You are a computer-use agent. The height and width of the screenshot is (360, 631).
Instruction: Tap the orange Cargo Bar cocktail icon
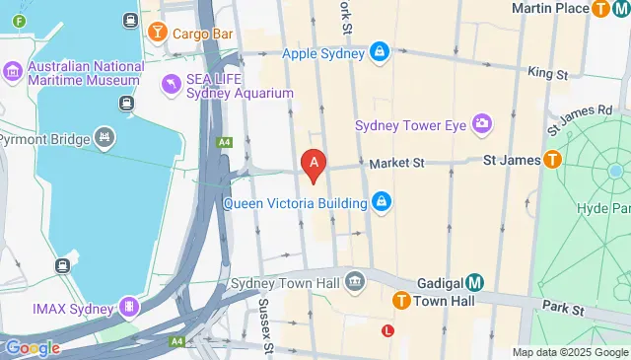pyautogui.click(x=157, y=33)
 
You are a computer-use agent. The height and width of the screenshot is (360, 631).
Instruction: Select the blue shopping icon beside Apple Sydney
pyautogui.click(x=379, y=52)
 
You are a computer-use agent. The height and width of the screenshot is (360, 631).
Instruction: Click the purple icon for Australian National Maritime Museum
pyautogui.click(x=13, y=72)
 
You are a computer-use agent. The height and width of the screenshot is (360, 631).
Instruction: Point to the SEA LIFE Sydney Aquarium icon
pyautogui.click(x=172, y=85)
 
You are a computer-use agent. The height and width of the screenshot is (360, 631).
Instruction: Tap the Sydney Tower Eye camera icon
pyautogui.click(x=482, y=124)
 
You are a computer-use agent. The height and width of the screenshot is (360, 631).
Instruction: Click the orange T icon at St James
pyautogui.click(x=552, y=158)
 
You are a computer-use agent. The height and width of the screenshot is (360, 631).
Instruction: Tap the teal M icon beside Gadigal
pyautogui.click(x=474, y=282)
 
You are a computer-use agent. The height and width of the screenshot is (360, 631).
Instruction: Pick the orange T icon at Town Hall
pyautogui.click(x=401, y=301)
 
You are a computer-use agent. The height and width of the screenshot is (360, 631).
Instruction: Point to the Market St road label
pyautogui.click(x=395, y=162)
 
